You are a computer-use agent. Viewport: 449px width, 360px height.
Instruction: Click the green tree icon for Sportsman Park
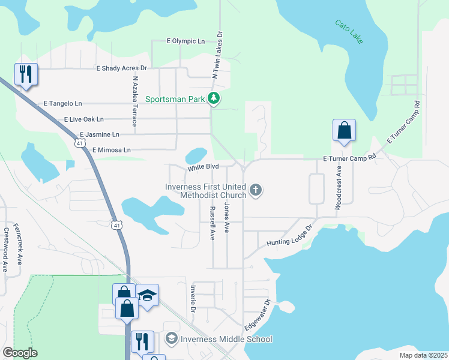coord(214,98)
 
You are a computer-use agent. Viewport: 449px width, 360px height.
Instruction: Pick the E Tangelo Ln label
coord(62,104)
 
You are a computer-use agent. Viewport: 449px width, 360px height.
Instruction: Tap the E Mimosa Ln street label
coord(111,149)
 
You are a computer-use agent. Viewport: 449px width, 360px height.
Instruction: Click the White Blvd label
coord(202,167)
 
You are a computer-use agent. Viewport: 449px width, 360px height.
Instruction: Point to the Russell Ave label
coord(212,223)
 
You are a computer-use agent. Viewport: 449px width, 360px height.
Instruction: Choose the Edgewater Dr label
coord(258,315)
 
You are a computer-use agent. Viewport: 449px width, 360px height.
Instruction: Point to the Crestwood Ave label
coord(5,249)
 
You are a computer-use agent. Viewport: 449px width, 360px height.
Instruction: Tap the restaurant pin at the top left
coord(26,74)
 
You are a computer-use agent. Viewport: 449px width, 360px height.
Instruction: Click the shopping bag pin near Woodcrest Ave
coord(344,130)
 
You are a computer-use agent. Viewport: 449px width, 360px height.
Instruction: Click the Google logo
coord(20,353)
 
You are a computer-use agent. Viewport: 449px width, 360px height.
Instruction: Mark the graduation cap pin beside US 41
coord(147,295)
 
